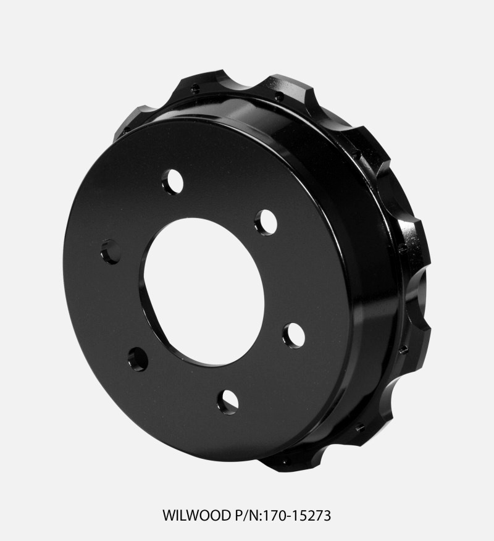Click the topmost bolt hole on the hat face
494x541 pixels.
click(x=172, y=182)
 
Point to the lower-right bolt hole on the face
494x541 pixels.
click(x=293, y=335)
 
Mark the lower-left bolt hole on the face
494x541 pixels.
click(x=138, y=358)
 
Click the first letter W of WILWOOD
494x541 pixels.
click(x=167, y=515)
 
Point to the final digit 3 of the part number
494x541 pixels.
click(x=328, y=515)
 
